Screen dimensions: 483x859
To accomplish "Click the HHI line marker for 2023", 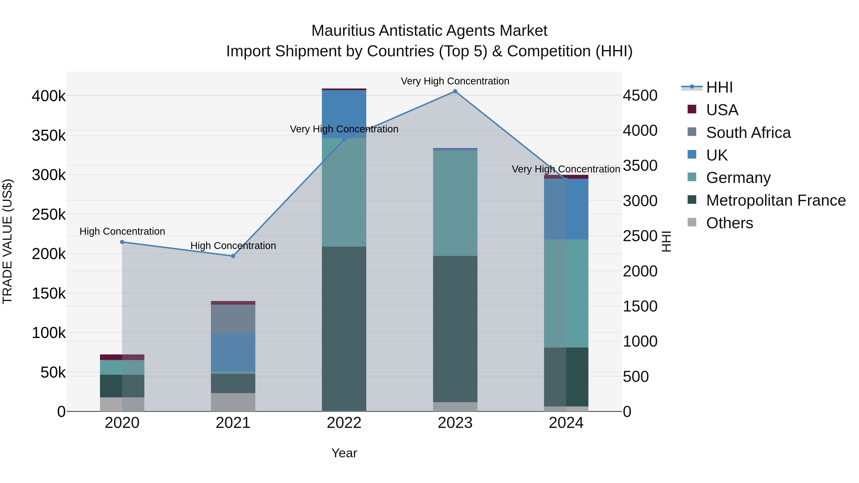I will (455, 91).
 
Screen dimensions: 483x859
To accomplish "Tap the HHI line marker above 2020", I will (122, 242).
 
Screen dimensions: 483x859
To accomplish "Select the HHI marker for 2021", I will (233, 256).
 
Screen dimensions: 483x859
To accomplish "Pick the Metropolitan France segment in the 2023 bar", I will (455, 329).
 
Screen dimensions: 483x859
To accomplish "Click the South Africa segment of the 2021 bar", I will (233, 319).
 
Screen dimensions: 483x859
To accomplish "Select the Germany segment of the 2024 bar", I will (566, 293).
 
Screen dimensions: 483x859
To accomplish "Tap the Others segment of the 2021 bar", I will (233, 402).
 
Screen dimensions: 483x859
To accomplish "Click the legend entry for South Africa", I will (748, 133).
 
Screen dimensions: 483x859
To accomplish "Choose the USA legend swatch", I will (692, 109).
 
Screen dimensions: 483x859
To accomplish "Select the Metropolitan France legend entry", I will (776, 200).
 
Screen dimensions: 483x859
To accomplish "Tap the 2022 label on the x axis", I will (344, 423).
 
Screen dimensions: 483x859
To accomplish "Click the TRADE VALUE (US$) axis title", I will (8, 241).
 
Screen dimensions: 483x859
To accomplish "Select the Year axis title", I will (344, 453).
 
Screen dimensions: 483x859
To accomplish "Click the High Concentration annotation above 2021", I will (233, 246).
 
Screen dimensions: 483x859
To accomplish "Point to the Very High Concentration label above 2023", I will (455, 81).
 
